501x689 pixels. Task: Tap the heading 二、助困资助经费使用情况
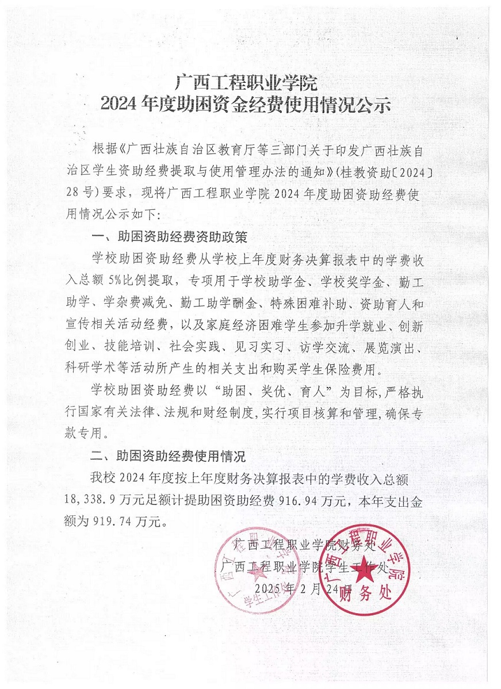pyautogui.click(x=170, y=457)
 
